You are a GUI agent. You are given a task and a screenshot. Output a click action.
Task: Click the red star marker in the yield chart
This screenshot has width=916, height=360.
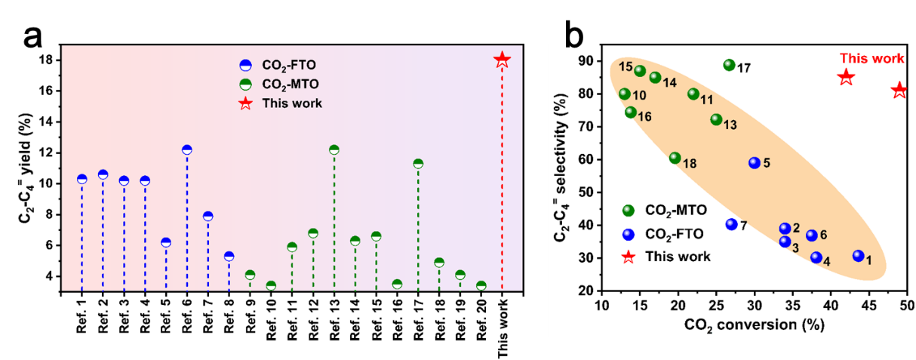point(502,60)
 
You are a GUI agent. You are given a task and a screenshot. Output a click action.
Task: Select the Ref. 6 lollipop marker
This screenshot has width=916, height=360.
point(187,149)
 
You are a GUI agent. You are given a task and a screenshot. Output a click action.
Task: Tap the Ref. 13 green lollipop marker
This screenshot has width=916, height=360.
point(334,149)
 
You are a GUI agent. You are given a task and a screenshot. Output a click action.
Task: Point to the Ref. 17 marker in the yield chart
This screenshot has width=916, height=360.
point(418,164)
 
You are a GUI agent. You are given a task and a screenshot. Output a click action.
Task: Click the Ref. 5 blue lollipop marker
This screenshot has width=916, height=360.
point(166,242)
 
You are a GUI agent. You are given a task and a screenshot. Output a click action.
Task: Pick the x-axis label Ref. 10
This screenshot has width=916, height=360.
point(271,322)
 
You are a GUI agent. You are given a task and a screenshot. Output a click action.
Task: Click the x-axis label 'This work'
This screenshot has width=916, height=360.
point(503,325)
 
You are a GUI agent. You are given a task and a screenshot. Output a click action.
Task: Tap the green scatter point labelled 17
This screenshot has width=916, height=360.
point(729,65)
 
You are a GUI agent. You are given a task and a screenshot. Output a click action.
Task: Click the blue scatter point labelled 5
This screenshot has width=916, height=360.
point(754,163)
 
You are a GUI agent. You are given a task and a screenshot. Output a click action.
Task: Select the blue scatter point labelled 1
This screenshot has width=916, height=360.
point(858,256)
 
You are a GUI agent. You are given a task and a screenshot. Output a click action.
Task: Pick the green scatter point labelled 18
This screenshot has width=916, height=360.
point(675,158)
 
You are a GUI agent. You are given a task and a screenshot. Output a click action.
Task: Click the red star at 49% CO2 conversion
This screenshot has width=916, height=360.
point(899,91)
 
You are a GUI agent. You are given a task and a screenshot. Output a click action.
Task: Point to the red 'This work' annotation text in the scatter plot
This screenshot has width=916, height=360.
point(871,58)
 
